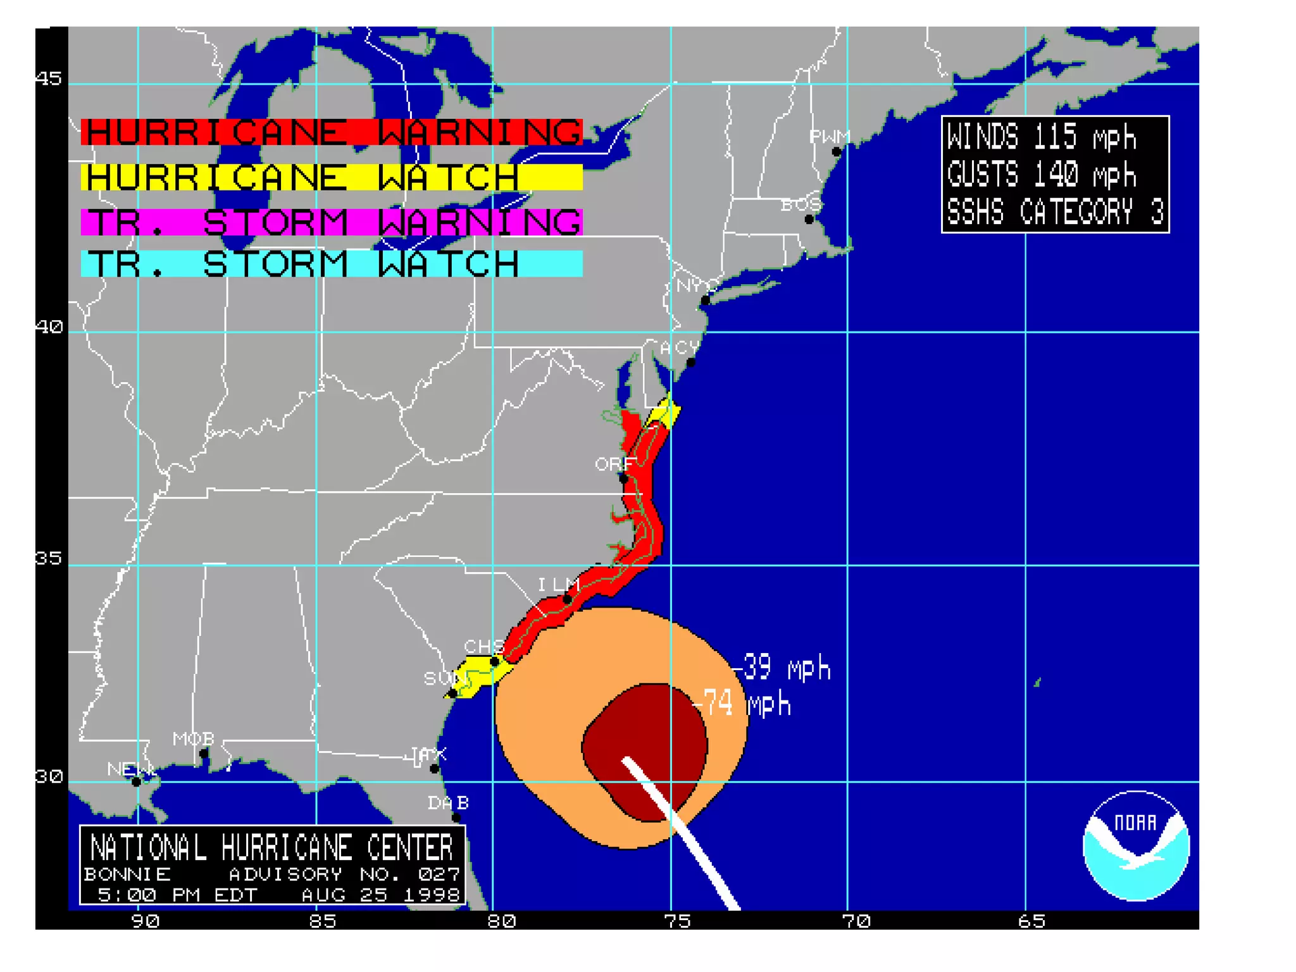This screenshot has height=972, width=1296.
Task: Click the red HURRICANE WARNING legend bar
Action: [x=331, y=132]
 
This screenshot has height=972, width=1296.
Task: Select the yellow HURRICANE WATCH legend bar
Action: [x=331, y=177]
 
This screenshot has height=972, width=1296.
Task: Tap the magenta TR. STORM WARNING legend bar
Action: [x=331, y=222]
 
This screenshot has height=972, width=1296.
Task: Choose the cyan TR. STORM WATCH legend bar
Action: [x=331, y=264]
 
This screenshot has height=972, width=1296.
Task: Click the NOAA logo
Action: [x=1136, y=845]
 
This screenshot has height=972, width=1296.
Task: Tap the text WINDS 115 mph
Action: [x=1041, y=137]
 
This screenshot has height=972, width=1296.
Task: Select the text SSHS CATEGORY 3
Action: [x=1054, y=211]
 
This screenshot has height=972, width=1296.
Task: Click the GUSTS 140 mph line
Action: [x=1041, y=174]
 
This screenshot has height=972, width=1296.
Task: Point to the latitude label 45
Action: [x=49, y=78]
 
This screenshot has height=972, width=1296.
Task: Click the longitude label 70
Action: [x=856, y=921]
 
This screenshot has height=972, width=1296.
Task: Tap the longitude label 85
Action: [x=322, y=921]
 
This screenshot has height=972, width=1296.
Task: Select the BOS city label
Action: [x=801, y=205]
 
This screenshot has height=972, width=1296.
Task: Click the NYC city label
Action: [x=697, y=285]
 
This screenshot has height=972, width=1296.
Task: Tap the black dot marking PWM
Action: [x=837, y=152]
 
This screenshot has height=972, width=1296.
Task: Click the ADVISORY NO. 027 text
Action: [x=344, y=875]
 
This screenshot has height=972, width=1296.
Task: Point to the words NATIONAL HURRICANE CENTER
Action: [x=272, y=848]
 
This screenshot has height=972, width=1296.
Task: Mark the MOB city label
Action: [x=194, y=739]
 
